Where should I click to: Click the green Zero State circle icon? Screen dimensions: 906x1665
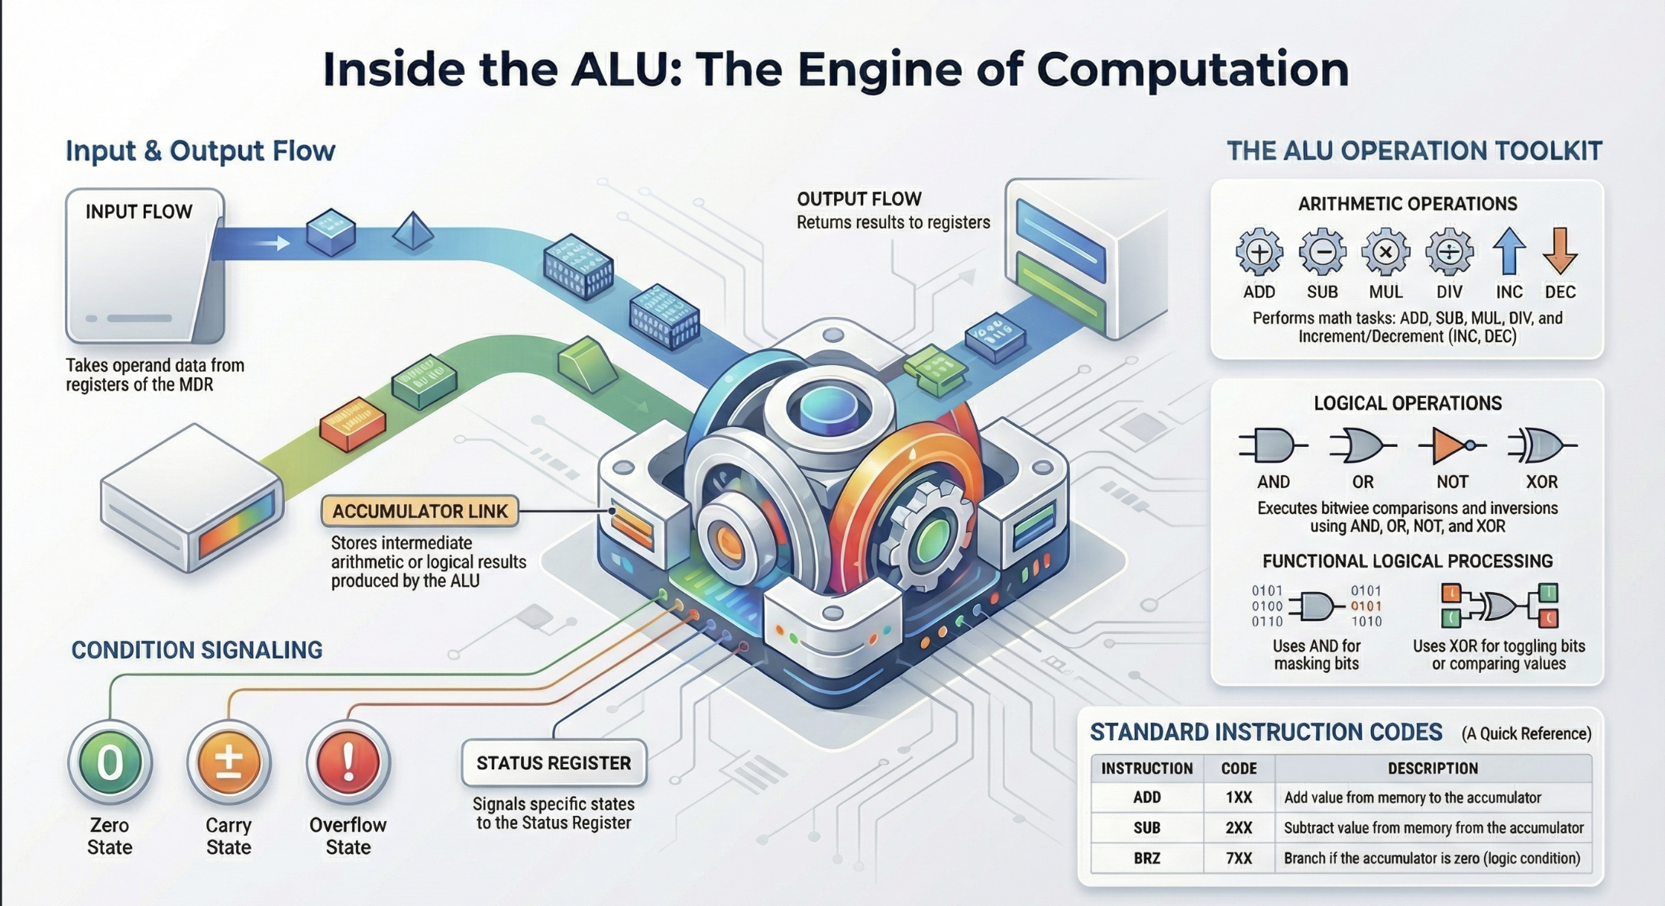[110, 762]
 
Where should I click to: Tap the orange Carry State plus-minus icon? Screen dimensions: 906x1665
[229, 762]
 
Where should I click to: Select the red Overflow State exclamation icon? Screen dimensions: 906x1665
[348, 762]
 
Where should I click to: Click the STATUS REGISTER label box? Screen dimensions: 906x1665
[554, 763]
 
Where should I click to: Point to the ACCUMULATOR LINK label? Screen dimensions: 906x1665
[420, 511]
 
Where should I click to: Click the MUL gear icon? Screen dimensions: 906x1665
[1385, 252]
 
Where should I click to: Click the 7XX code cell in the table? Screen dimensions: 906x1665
[1238, 859]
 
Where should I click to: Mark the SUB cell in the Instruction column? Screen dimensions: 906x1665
[1146, 828]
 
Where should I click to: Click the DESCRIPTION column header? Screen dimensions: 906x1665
[1433, 768]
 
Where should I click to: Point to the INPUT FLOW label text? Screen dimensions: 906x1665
[139, 212]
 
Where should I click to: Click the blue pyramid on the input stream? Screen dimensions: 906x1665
[413, 230]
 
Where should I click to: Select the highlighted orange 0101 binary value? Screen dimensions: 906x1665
[1366, 607]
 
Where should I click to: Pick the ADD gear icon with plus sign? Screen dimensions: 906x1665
[1259, 252]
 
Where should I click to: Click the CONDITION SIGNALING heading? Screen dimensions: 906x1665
[197, 650]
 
